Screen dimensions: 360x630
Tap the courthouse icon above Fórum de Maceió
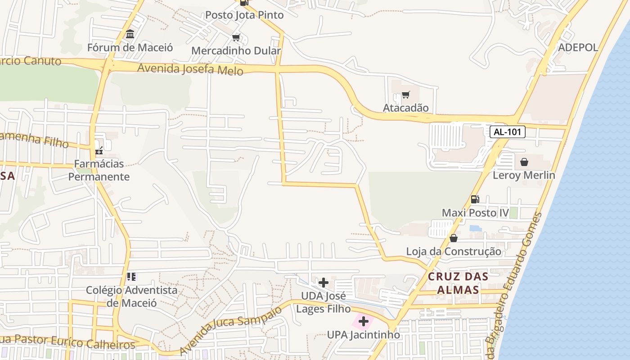pos(130,34)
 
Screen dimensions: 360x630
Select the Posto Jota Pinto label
pos(244,15)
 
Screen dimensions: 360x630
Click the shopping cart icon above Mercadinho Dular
pos(236,37)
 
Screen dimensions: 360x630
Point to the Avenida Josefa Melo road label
pos(190,69)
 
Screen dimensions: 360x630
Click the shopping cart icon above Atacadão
pos(405,95)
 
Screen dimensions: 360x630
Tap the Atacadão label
pos(405,108)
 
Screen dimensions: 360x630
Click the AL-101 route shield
pos(507,132)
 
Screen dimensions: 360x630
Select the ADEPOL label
pos(578,47)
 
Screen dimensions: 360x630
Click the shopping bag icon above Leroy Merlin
pos(524,162)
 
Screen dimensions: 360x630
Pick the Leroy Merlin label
pos(524,175)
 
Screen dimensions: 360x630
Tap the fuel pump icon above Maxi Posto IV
pos(475,199)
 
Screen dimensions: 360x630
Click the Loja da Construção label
pos(454,252)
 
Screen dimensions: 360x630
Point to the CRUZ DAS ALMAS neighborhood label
pos(458,283)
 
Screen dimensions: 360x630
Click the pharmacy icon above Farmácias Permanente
pos(99,151)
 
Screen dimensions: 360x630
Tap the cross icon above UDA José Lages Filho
pos(323,283)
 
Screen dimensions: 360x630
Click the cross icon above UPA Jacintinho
pos(364,322)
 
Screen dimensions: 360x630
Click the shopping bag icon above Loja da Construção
pos(454,238)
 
